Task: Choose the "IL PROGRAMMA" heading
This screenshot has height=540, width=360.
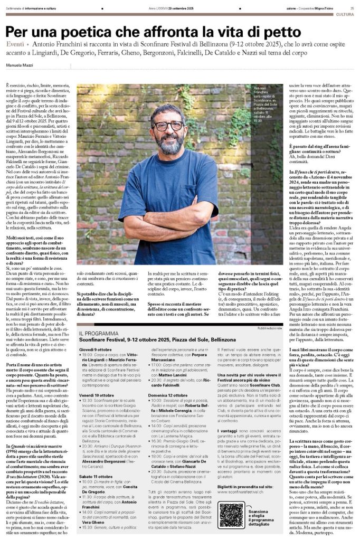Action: click(x=96, y=335)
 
